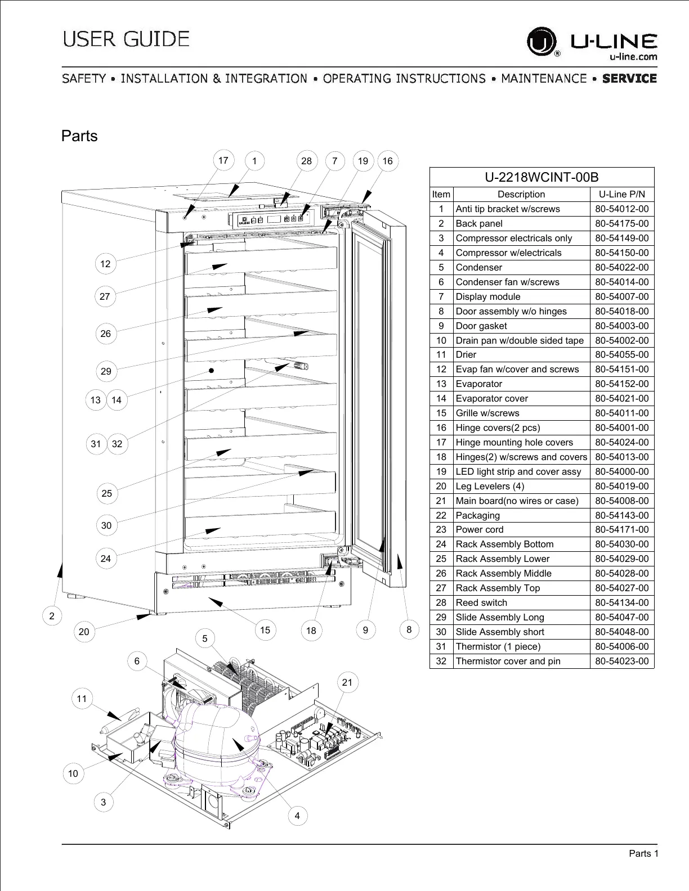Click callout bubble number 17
(x=223, y=160)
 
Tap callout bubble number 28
(x=306, y=161)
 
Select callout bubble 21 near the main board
(x=347, y=682)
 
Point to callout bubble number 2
(x=52, y=616)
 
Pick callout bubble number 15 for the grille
(x=265, y=630)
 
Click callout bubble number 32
(x=117, y=444)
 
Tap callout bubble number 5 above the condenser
(x=205, y=638)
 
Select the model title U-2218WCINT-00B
(x=542, y=177)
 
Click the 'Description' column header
(x=521, y=194)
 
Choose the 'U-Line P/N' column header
(x=622, y=194)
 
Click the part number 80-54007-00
(x=622, y=296)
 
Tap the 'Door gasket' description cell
(x=481, y=326)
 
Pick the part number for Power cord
(x=622, y=529)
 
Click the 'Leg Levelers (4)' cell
(x=485, y=486)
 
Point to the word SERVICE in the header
(x=629, y=78)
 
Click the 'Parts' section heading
(x=79, y=136)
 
